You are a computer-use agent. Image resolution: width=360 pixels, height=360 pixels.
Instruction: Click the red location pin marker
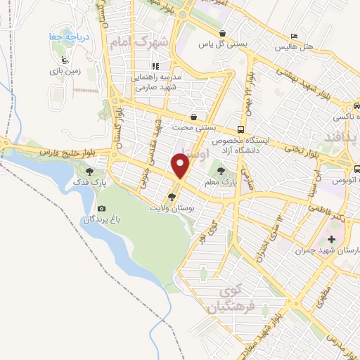(181, 166)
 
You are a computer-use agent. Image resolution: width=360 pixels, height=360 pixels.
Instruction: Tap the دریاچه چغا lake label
(62, 37)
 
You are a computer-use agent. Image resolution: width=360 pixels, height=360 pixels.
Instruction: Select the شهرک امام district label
(139, 42)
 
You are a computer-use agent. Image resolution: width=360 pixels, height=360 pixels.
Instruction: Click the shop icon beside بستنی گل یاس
(222, 34)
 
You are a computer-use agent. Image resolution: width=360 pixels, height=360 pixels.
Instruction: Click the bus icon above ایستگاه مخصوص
(240, 129)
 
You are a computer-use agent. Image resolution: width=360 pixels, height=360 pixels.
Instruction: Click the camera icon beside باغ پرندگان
(103, 209)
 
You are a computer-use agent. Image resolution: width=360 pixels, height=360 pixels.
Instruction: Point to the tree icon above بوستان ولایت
(172, 197)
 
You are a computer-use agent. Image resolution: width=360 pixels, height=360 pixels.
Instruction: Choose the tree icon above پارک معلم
(222, 170)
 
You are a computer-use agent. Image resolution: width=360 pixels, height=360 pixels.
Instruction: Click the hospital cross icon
(332, 240)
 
